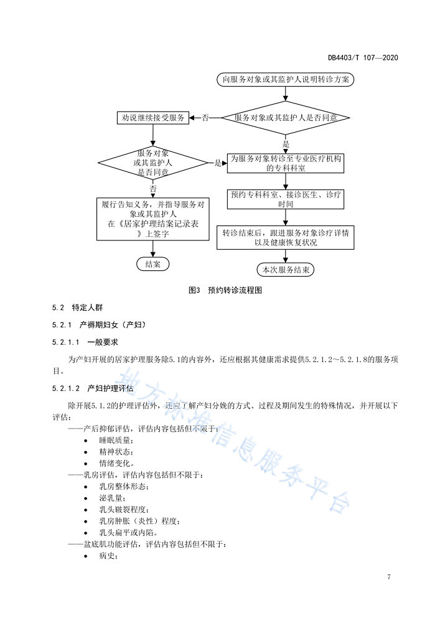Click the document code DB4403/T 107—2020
(x=363, y=57)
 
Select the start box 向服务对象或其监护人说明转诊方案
(x=285, y=80)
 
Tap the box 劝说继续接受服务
(x=153, y=118)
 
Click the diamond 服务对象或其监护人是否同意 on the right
(x=286, y=118)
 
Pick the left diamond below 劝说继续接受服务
(x=153, y=163)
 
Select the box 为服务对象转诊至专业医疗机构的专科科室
(x=286, y=163)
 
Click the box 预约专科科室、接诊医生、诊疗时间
(x=286, y=199)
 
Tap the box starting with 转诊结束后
(x=286, y=237)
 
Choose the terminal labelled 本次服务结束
(x=286, y=270)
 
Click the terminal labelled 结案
(x=153, y=264)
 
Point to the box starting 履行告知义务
(x=153, y=219)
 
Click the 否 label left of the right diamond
(x=205, y=118)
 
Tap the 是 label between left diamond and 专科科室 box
(x=218, y=163)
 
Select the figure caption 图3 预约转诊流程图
(x=225, y=290)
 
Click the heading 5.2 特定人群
(x=77, y=308)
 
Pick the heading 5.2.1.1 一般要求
(x=85, y=342)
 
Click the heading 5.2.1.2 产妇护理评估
(x=93, y=388)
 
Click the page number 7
(x=389, y=577)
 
